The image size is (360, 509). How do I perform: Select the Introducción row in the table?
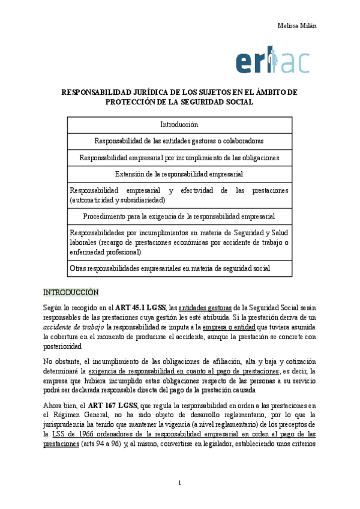click(x=179, y=125)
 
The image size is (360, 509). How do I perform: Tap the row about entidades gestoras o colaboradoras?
click(x=179, y=140)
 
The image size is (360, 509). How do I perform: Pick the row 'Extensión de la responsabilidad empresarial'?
click(x=179, y=174)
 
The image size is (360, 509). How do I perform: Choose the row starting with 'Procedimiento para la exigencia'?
click(x=179, y=215)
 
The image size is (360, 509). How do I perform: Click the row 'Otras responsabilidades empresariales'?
click(x=170, y=268)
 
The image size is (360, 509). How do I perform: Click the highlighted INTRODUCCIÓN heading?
click(x=70, y=292)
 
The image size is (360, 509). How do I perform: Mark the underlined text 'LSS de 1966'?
click(x=68, y=433)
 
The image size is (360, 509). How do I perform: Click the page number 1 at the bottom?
click(x=179, y=483)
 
